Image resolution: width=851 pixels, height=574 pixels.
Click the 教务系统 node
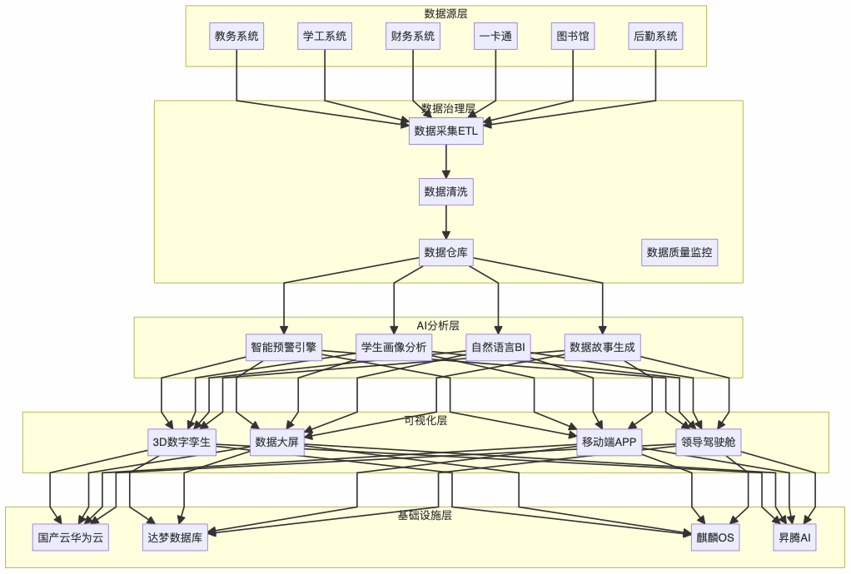click(236, 36)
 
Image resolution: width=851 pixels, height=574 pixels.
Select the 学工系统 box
click(325, 36)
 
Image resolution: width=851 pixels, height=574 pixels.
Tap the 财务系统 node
click(413, 36)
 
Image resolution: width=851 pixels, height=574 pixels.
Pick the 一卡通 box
click(496, 36)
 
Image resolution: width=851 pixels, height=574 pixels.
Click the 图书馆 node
click(573, 36)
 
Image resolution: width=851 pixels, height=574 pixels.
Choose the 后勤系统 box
click(655, 36)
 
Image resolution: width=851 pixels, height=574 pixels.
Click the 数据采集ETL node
click(446, 131)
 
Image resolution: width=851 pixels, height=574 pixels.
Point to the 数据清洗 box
click(446, 191)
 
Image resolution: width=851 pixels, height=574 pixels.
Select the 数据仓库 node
click(446, 252)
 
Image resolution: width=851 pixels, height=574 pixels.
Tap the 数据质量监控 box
click(679, 252)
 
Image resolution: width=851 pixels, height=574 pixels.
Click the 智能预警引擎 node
click(284, 347)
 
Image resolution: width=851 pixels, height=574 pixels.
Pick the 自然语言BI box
click(498, 347)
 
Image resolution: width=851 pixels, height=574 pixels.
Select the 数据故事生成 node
click(602, 347)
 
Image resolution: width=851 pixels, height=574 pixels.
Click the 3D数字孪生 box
click(182, 442)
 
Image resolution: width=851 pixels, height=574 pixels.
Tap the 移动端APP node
click(610, 442)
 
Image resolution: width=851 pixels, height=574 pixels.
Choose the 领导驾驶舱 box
click(709, 442)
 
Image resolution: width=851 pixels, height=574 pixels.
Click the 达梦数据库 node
click(175, 537)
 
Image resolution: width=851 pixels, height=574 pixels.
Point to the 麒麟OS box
click(715, 537)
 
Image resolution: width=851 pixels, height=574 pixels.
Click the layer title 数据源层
click(445, 13)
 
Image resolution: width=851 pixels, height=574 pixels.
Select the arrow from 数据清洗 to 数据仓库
click(446, 222)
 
